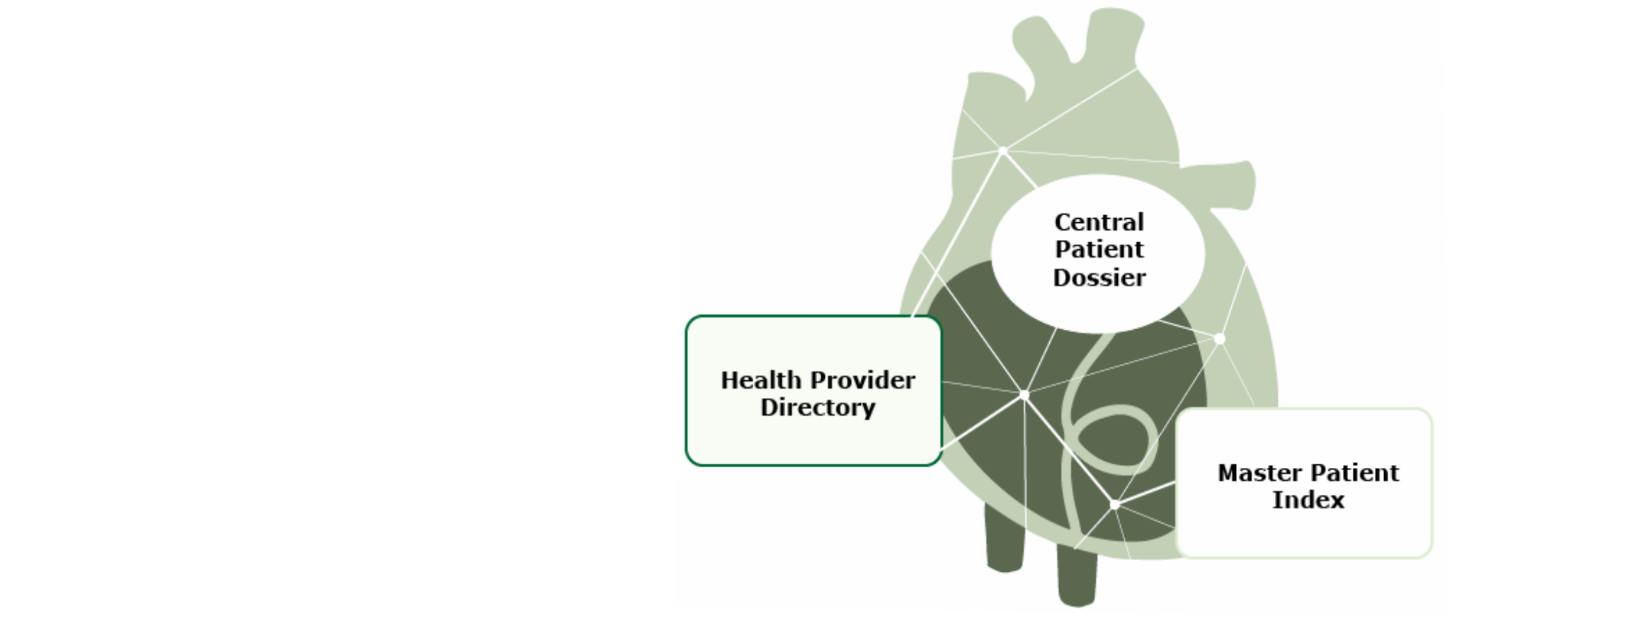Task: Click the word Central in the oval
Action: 1099,222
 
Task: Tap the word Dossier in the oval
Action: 1099,277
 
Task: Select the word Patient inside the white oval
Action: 1099,249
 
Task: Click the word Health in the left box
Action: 760,380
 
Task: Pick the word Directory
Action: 818,408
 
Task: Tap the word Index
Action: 1308,500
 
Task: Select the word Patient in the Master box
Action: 1354,473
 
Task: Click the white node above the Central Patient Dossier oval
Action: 1002,151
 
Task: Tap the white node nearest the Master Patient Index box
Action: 1114,505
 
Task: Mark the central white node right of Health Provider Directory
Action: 1024,394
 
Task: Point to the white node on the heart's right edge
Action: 1219,339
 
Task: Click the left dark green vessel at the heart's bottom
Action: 1004,538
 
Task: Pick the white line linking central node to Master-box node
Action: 1069,450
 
